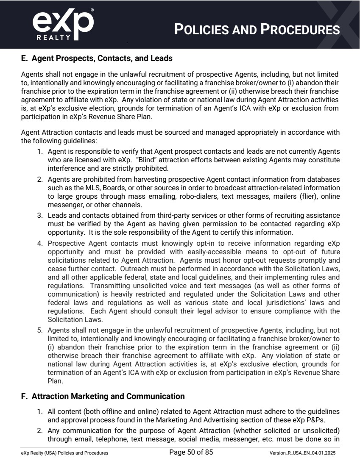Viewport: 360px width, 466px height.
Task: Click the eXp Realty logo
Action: coord(62,25)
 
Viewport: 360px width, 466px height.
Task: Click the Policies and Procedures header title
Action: coord(257,29)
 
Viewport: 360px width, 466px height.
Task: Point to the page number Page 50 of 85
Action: coord(191,452)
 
